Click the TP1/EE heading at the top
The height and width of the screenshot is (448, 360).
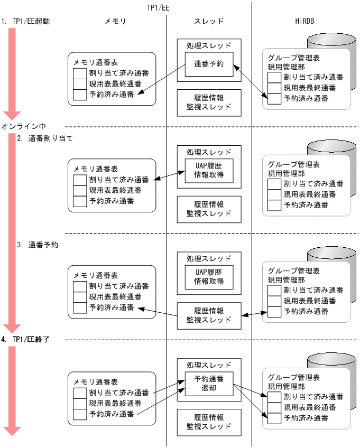point(158,7)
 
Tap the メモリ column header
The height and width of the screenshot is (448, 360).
point(115,22)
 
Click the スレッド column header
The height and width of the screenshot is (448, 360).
point(209,22)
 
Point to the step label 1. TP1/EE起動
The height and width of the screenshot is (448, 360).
point(29,22)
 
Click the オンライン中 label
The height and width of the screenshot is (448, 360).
point(23,126)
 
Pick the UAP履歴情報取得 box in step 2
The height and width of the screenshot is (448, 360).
point(209,171)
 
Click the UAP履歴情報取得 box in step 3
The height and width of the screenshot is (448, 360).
point(209,276)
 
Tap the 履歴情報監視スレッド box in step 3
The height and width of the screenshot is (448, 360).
point(209,315)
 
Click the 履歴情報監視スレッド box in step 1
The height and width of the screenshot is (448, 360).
point(209,102)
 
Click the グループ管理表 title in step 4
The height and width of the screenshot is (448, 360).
point(293,377)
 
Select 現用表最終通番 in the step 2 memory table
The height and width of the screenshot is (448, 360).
point(115,190)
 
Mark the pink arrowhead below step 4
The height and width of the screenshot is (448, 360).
point(12,431)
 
